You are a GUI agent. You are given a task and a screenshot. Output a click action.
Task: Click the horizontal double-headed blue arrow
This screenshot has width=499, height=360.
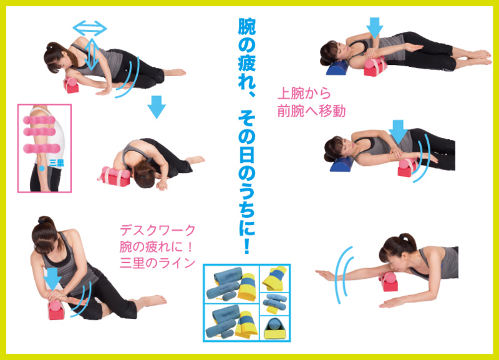(90, 29)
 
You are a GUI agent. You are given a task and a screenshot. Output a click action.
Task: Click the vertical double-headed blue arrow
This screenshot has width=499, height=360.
(92, 54)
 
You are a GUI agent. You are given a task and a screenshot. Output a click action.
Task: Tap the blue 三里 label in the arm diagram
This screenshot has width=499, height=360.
(57, 163)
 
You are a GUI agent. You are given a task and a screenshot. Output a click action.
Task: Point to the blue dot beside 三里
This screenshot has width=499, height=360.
(42, 168)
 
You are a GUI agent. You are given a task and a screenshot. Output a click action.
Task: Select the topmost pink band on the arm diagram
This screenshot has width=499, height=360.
(39, 120)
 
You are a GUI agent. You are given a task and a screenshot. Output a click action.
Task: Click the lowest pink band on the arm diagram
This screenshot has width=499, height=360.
(42, 148)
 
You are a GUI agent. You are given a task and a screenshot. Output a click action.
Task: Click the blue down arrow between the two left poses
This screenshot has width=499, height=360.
(157, 107)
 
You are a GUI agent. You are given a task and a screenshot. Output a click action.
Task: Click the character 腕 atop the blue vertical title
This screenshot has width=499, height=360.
(247, 26)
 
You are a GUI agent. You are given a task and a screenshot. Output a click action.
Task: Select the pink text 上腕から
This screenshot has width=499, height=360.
(304, 93)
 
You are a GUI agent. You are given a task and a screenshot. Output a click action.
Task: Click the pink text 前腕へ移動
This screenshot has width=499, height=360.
(311, 111)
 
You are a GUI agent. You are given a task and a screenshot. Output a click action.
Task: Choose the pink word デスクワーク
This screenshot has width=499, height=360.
(158, 230)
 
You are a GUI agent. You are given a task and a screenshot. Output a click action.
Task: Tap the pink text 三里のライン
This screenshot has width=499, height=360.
(158, 263)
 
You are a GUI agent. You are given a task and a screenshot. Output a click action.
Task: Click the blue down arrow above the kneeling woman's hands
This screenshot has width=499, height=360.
(52, 278)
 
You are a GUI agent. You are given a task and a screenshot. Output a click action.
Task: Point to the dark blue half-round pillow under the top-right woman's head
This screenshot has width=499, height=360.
(337, 67)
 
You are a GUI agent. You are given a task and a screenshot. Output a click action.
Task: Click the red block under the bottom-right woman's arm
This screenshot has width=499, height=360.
(389, 281)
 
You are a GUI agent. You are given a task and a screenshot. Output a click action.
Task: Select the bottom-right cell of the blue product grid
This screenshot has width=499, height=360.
(274, 328)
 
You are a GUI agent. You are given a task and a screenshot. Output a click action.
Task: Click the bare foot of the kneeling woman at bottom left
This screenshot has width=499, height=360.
(154, 300)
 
